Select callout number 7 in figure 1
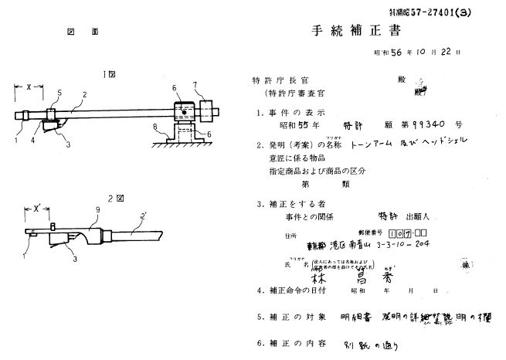[195, 83]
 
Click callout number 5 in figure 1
[59, 92]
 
